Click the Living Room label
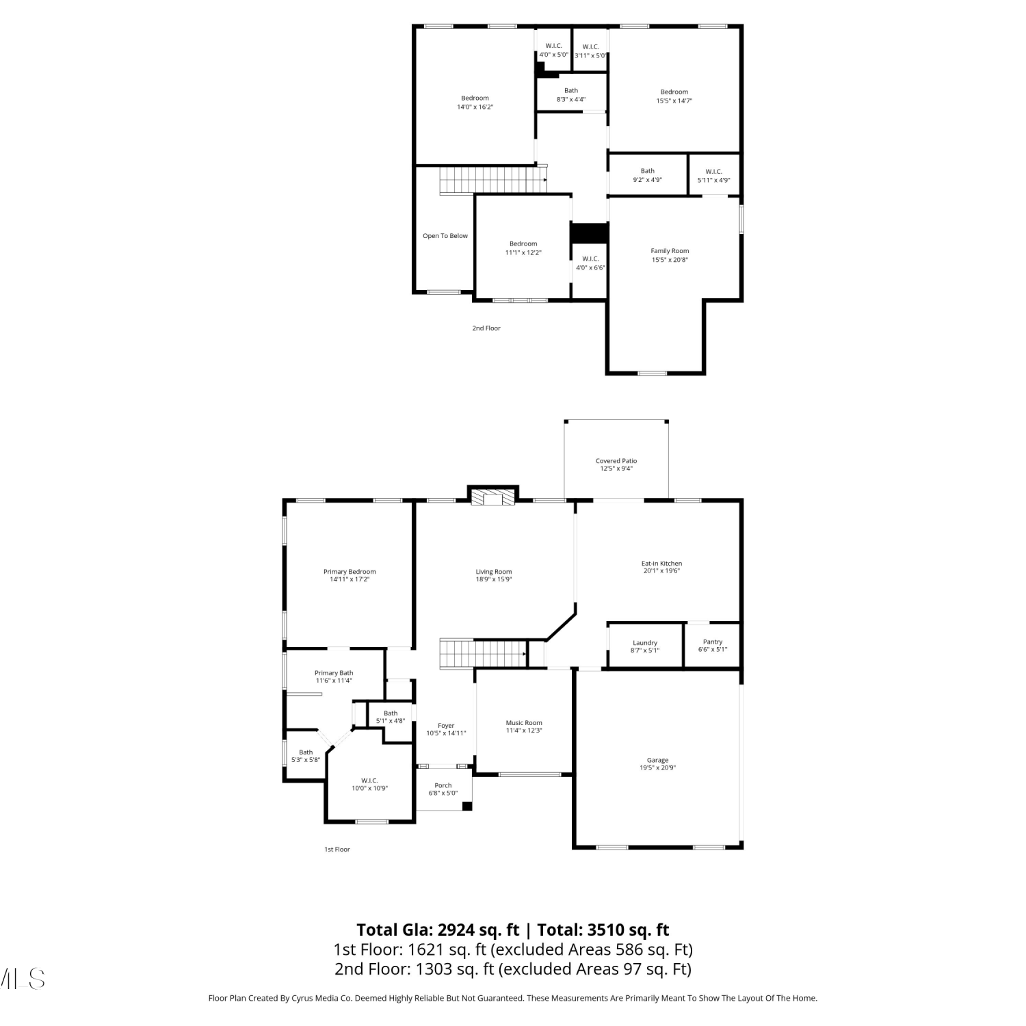coord(494,572)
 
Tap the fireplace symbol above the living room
coord(492,497)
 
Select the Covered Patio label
coord(616,461)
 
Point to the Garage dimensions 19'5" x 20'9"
coord(658,768)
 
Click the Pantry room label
coord(713,642)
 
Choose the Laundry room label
coord(645,643)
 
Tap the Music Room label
coord(524,723)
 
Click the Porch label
coord(443,785)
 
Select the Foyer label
coord(446,726)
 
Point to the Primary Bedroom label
coord(350,572)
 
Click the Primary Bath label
coord(334,673)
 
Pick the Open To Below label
coord(445,236)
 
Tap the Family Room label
coord(670,251)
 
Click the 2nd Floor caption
coord(486,328)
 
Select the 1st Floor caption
coord(337,850)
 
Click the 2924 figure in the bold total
coord(459,930)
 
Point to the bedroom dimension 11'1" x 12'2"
coord(523,253)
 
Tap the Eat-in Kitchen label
coord(661,564)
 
